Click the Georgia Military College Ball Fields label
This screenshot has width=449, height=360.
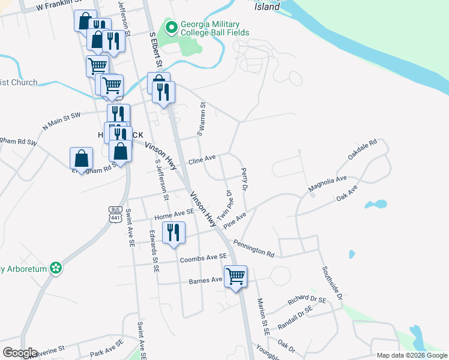click(x=215, y=28)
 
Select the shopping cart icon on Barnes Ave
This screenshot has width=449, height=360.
click(x=236, y=277)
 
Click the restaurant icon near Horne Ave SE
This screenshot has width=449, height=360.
click(x=173, y=232)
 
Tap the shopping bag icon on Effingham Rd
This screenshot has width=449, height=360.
click(x=81, y=158)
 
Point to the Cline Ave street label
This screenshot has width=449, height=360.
click(x=202, y=161)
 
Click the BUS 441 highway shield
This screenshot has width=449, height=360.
click(x=116, y=214)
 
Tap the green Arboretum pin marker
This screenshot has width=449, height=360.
click(x=56, y=268)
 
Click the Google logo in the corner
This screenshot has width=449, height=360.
click(x=20, y=353)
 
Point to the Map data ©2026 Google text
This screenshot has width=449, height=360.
click(x=412, y=355)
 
